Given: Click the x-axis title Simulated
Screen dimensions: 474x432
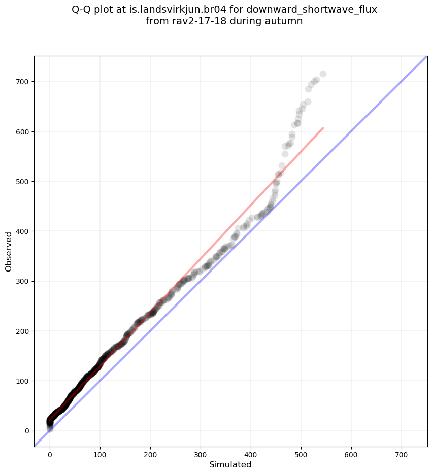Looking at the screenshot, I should tap(230, 464).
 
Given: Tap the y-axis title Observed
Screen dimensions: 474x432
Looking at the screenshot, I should tap(9, 251).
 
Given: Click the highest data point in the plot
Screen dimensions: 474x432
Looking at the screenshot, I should tap(323, 74).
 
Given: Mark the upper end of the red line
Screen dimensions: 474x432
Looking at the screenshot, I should tap(323, 128).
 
